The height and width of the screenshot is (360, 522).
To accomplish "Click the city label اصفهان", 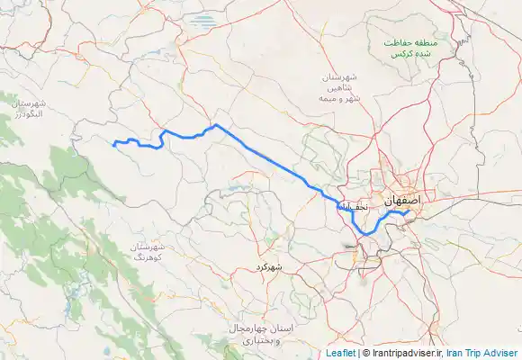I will click(x=402, y=202).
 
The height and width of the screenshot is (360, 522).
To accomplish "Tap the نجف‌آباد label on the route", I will click(x=353, y=207).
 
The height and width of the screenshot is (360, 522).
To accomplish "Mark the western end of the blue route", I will click(x=112, y=143).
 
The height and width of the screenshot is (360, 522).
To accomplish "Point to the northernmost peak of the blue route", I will click(x=216, y=125).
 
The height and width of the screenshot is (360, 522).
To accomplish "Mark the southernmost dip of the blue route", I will click(x=365, y=234).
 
